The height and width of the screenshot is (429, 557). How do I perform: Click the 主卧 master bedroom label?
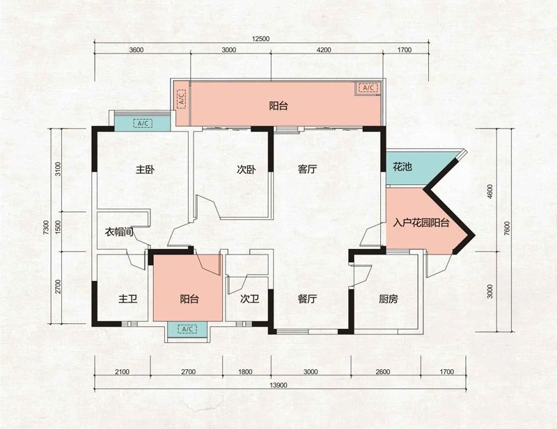[145, 170]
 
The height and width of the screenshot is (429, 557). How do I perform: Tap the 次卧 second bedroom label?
[246, 170]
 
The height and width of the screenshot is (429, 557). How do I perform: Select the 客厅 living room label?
[307, 169]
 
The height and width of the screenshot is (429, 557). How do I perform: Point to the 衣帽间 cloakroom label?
[119, 232]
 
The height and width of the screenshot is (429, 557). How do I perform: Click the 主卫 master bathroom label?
[128, 299]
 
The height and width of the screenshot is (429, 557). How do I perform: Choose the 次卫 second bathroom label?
[249, 299]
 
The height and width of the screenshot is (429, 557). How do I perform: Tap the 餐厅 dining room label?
[307, 299]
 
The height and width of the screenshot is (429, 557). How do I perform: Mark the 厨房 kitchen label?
[388, 299]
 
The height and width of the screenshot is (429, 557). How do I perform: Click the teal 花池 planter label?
[402, 166]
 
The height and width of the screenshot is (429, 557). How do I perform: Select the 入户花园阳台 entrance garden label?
[421, 223]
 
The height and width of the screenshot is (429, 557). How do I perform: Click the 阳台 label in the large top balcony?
[278, 106]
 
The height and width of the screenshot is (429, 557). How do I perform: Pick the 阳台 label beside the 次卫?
[189, 299]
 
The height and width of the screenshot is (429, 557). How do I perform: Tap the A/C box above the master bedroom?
[143, 123]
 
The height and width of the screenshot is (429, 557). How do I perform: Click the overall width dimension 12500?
[260, 39]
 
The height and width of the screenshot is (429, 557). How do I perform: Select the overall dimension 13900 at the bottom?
[278, 385]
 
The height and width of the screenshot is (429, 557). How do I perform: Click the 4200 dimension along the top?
[323, 50]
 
